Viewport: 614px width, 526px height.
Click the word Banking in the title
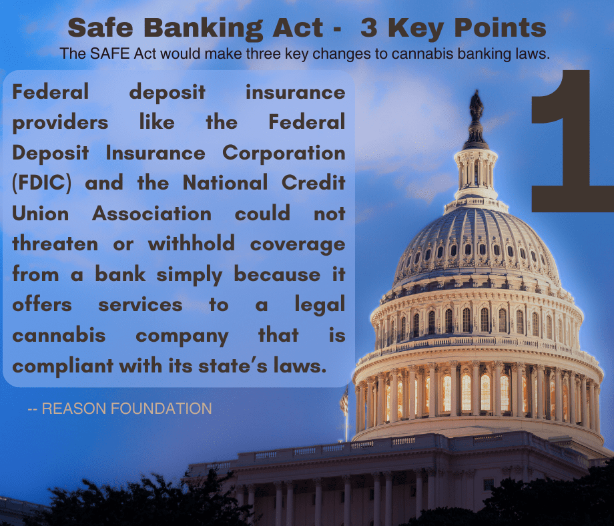(x=203, y=29)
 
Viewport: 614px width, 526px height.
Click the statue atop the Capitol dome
(x=476, y=105)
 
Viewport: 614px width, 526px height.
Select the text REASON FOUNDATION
(x=127, y=409)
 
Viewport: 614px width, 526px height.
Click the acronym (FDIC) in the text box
(x=42, y=184)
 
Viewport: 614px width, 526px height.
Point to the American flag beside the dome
(x=344, y=401)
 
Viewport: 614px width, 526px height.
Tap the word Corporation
(x=284, y=153)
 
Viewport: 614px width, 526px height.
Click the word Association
(x=151, y=214)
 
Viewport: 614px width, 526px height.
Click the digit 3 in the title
(x=369, y=28)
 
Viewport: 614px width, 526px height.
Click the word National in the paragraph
(x=225, y=183)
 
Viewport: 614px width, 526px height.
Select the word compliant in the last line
(x=63, y=366)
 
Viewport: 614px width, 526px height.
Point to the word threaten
(x=55, y=244)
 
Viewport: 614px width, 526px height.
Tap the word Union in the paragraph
(x=40, y=214)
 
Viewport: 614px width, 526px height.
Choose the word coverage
(x=298, y=245)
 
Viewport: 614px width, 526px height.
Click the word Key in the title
(x=416, y=29)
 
